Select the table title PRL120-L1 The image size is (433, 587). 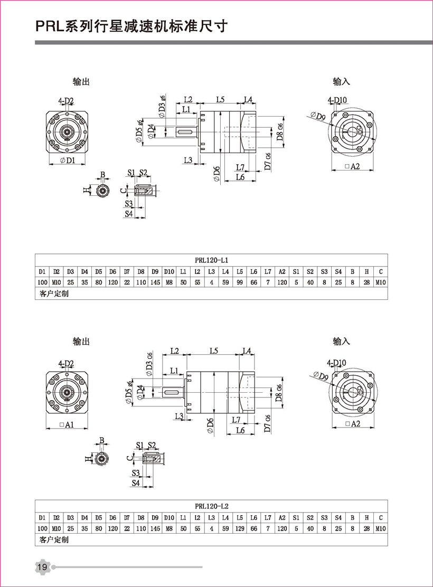point(211,259)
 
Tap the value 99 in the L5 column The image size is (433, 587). point(240,282)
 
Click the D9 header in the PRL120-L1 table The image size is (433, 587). point(155,271)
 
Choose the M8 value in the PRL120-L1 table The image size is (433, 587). point(169,282)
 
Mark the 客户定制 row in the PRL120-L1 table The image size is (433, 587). point(54,294)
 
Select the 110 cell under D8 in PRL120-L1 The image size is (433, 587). point(141,282)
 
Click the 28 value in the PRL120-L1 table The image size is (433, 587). point(366,282)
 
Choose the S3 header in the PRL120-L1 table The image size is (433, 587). point(324,271)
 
